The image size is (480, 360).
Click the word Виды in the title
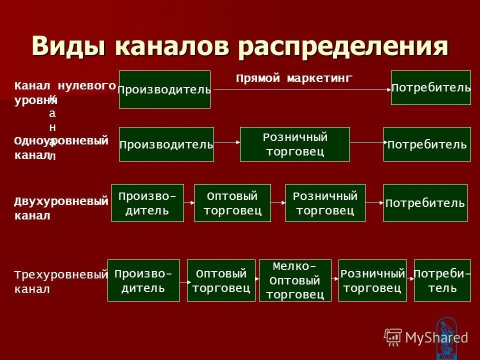click(x=70, y=47)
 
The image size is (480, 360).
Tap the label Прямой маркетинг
click(x=294, y=78)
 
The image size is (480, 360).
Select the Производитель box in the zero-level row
click(x=164, y=89)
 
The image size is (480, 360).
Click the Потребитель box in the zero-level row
click(x=430, y=88)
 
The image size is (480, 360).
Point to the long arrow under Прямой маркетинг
click(x=300, y=90)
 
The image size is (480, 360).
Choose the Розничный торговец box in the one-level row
click(x=295, y=144)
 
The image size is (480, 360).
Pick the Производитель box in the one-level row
click(x=166, y=144)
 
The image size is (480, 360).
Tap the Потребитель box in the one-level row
click(x=427, y=144)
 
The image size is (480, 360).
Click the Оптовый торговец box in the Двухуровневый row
click(x=232, y=203)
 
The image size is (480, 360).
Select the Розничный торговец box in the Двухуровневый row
click(x=325, y=203)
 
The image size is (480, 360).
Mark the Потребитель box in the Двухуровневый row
click(x=425, y=203)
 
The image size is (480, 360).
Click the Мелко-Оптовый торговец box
click(x=295, y=280)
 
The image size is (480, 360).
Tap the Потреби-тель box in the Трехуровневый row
click(x=442, y=280)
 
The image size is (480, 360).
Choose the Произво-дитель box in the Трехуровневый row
click(x=143, y=280)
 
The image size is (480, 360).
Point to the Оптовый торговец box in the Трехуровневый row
click(x=221, y=280)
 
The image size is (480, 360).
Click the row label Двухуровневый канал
click(x=60, y=208)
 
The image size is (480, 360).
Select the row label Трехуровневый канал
click(x=60, y=281)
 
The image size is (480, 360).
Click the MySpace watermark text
click(x=436, y=337)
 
